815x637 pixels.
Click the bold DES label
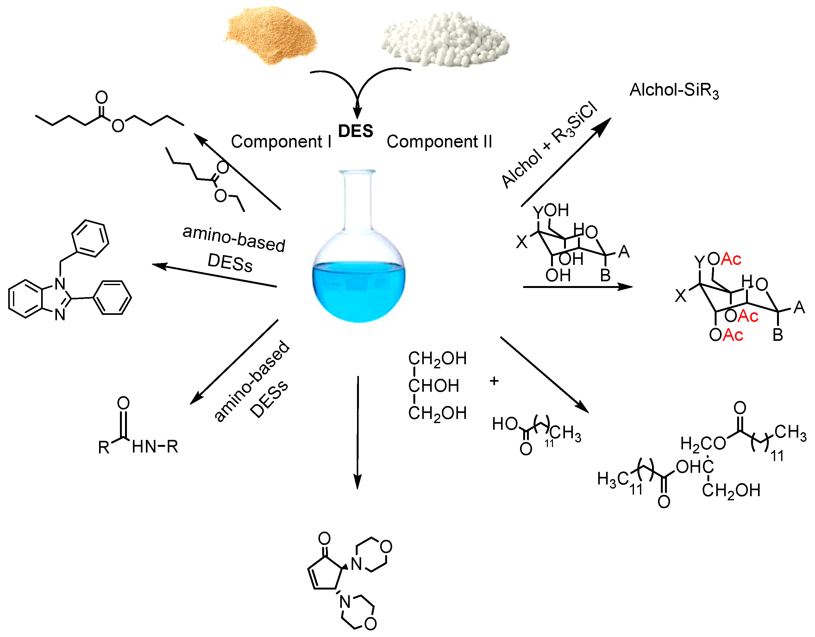tap(355, 131)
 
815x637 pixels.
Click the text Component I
tap(281, 141)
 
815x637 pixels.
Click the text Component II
tap(439, 141)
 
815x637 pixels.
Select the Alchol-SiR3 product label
tap(674, 90)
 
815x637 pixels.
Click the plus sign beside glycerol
tap(494, 381)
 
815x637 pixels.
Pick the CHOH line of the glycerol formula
tap(433, 386)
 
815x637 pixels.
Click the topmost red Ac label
tap(731, 259)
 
